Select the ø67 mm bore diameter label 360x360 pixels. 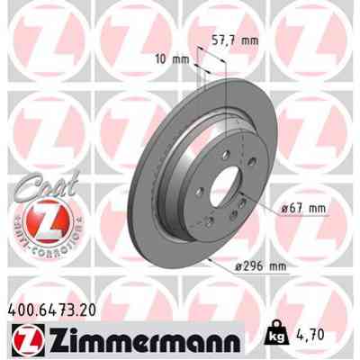[301, 208]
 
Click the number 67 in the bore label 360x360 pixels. [298, 208]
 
